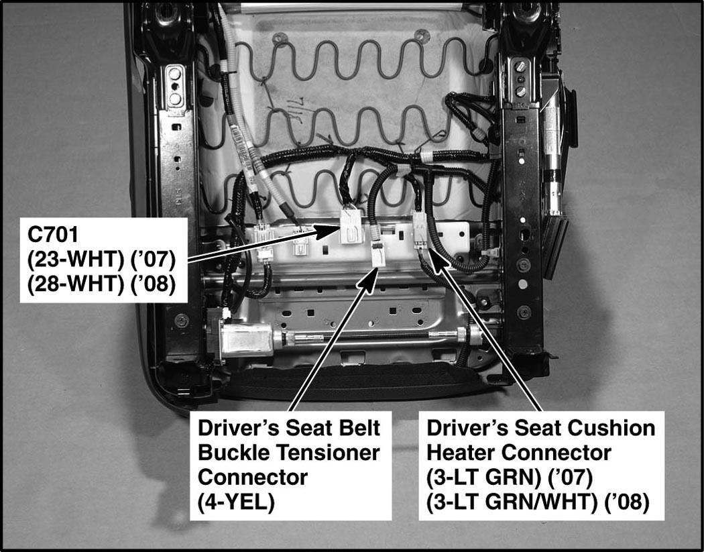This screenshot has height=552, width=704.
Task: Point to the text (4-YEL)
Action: point(236,502)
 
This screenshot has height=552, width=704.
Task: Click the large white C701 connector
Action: point(351,226)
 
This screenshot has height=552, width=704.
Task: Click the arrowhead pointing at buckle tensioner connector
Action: point(371,280)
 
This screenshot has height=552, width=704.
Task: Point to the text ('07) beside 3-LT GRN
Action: point(570,478)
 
